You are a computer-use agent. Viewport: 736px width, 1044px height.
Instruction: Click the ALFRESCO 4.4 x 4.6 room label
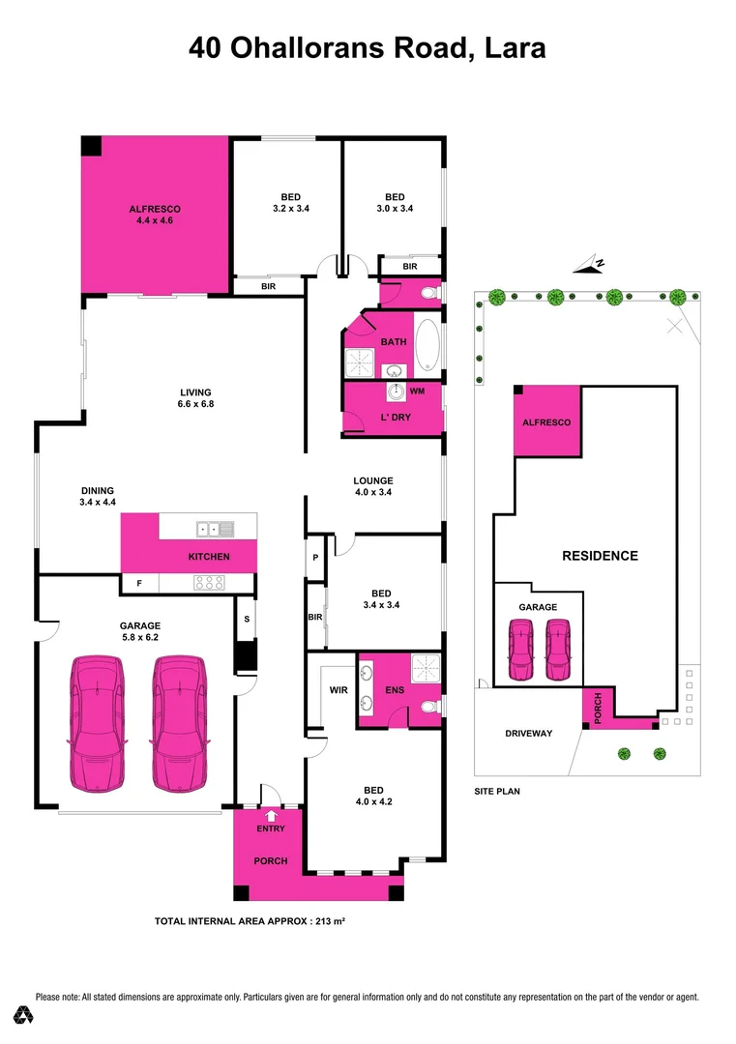[155, 215]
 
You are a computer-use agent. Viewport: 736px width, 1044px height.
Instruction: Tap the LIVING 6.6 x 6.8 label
[195, 397]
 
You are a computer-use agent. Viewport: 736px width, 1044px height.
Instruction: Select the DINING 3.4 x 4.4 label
[98, 496]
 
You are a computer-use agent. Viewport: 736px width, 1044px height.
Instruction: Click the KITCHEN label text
[209, 557]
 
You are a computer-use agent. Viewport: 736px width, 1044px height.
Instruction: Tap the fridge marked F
[139, 584]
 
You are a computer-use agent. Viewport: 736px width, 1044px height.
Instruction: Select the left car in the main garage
[97, 721]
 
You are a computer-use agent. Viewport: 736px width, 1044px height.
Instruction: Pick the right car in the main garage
[180, 721]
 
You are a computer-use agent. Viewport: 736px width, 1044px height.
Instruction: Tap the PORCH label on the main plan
[270, 860]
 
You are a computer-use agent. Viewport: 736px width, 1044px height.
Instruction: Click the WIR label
[338, 691]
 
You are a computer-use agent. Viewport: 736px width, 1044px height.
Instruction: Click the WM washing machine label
[417, 391]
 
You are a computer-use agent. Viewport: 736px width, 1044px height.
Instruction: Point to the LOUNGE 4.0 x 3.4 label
[373, 486]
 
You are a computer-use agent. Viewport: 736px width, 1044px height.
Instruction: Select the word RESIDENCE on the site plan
[601, 556]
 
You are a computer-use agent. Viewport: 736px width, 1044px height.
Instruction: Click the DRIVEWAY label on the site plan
[529, 734]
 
